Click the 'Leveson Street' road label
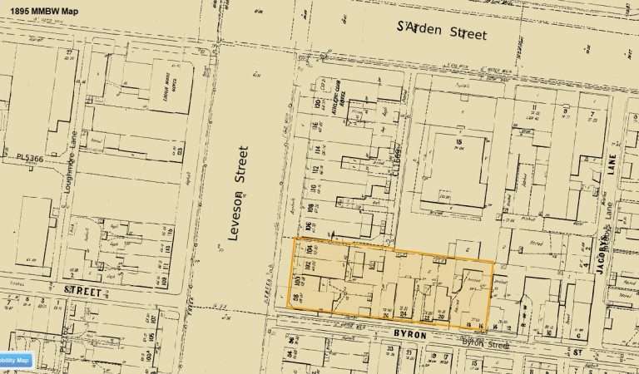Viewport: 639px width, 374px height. (239, 194)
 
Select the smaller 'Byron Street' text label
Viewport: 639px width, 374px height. (485, 342)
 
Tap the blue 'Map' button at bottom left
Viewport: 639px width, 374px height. (17, 360)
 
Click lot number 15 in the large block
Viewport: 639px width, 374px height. (458, 142)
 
